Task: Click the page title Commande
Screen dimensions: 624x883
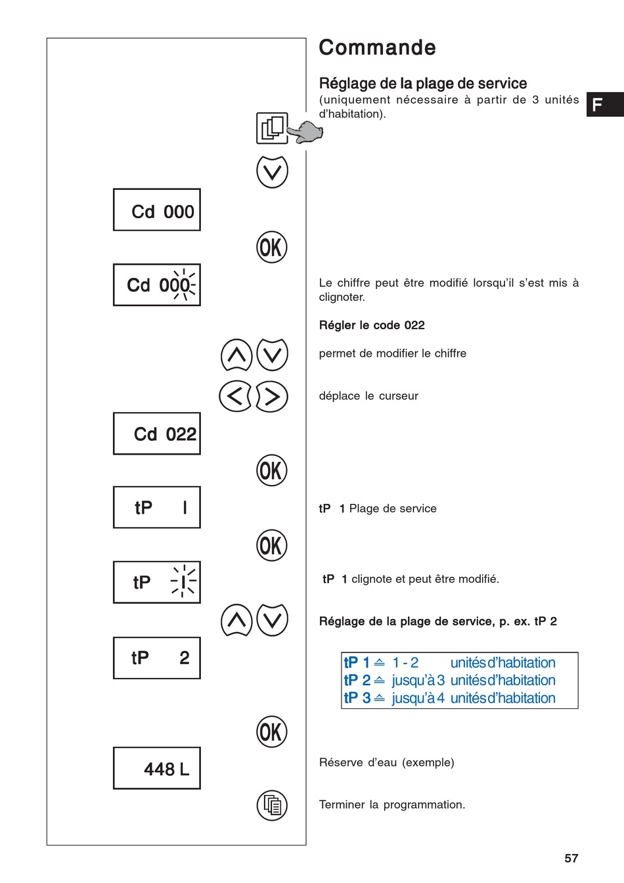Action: tap(377, 48)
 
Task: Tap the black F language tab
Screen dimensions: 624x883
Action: tap(604, 104)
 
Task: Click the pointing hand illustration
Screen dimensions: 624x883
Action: tap(305, 132)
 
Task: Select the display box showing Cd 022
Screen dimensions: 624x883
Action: tap(157, 434)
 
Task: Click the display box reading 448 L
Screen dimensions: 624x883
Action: tap(157, 768)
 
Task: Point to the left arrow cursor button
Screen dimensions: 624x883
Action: tap(235, 396)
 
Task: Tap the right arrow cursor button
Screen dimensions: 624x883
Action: tap(272, 396)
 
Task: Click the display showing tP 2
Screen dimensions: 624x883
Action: tap(157, 658)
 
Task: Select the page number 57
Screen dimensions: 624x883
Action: tap(571, 858)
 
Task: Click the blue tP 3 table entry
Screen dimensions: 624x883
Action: tap(357, 698)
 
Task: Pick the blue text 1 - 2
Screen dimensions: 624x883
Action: tap(405, 663)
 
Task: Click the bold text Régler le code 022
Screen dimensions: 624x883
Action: tap(372, 325)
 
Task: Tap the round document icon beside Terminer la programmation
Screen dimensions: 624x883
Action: tap(272, 805)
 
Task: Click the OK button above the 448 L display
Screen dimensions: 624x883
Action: tap(272, 732)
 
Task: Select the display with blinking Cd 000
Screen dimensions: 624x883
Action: tap(157, 285)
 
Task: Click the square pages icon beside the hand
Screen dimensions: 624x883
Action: tap(272, 128)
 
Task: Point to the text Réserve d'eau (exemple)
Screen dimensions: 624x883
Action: tap(386, 763)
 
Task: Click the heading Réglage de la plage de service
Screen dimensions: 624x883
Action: tap(423, 83)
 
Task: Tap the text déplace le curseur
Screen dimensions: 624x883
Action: tap(368, 396)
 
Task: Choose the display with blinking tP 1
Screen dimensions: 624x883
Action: tap(157, 582)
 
